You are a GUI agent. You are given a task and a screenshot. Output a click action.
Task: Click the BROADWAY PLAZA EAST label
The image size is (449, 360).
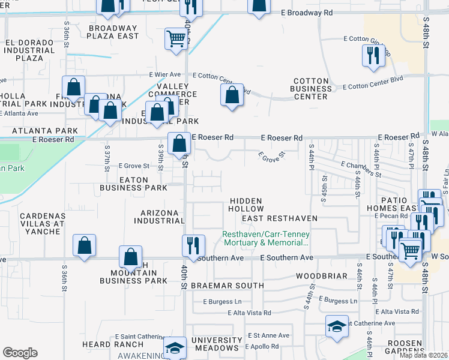pyautogui.click(x=113, y=32)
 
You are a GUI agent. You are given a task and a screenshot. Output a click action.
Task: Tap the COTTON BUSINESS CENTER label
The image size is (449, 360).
pyautogui.click(x=311, y=88)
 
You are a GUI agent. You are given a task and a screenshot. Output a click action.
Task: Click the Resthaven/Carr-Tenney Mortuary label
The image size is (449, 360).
pyautogui.click(x=265, y=239)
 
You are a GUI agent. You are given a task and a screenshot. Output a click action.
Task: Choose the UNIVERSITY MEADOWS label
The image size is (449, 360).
pyautogui.click(x=216, y=344)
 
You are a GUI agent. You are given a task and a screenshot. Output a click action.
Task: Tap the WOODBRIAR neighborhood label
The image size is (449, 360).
pyautogui.click(x=322, y=276)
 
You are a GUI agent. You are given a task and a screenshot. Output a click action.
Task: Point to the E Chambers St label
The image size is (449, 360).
pyautogui.click(x=361, y=169)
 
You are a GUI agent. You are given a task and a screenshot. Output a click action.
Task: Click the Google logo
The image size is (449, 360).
pyautogui.click(x=20, y=353)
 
